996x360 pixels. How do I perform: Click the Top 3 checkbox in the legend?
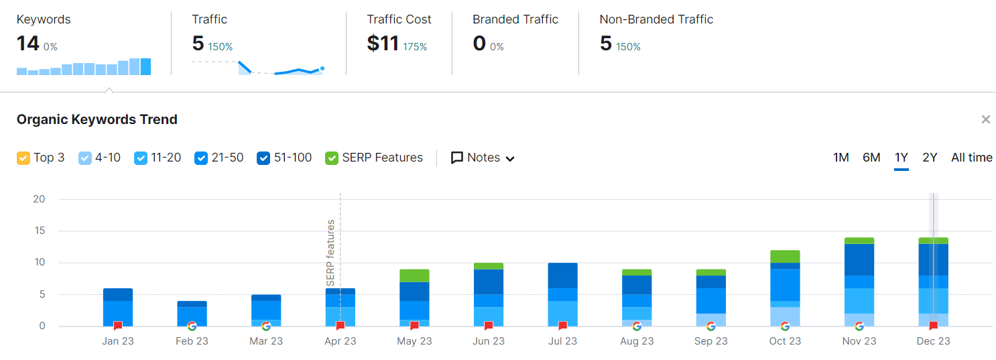(x=23, y=158)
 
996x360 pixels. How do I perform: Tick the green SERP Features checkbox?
(x=332, y=158)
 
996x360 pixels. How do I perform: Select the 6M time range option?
(x=871, y=158)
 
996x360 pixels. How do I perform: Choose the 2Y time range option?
(x=930, y=158)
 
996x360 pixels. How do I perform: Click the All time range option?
(x=971, y=158)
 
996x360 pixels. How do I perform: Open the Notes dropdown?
(x=483, y=158)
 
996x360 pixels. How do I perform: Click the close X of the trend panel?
(x=985, y=119)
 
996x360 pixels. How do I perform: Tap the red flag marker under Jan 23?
(x=118, y=326)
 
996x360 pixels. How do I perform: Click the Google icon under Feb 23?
(x=192, y=326)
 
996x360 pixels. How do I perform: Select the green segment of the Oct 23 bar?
(x=785, y=256)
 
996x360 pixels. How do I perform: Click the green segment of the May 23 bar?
(x=414, y=276)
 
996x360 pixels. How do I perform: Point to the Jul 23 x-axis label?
(x=562, y=341)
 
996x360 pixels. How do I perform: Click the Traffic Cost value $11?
(x=383, y=44)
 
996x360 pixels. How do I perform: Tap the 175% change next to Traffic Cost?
(x=415, y=47)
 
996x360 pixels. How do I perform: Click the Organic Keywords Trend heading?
(x=97, y=119)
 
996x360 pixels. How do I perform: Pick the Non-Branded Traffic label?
(x=656, y=19)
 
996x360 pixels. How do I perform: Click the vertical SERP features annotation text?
(x=330, y=253)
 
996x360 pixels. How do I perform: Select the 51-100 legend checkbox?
(x=263, y=158)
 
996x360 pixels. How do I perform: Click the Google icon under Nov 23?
(x=859, y=326)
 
